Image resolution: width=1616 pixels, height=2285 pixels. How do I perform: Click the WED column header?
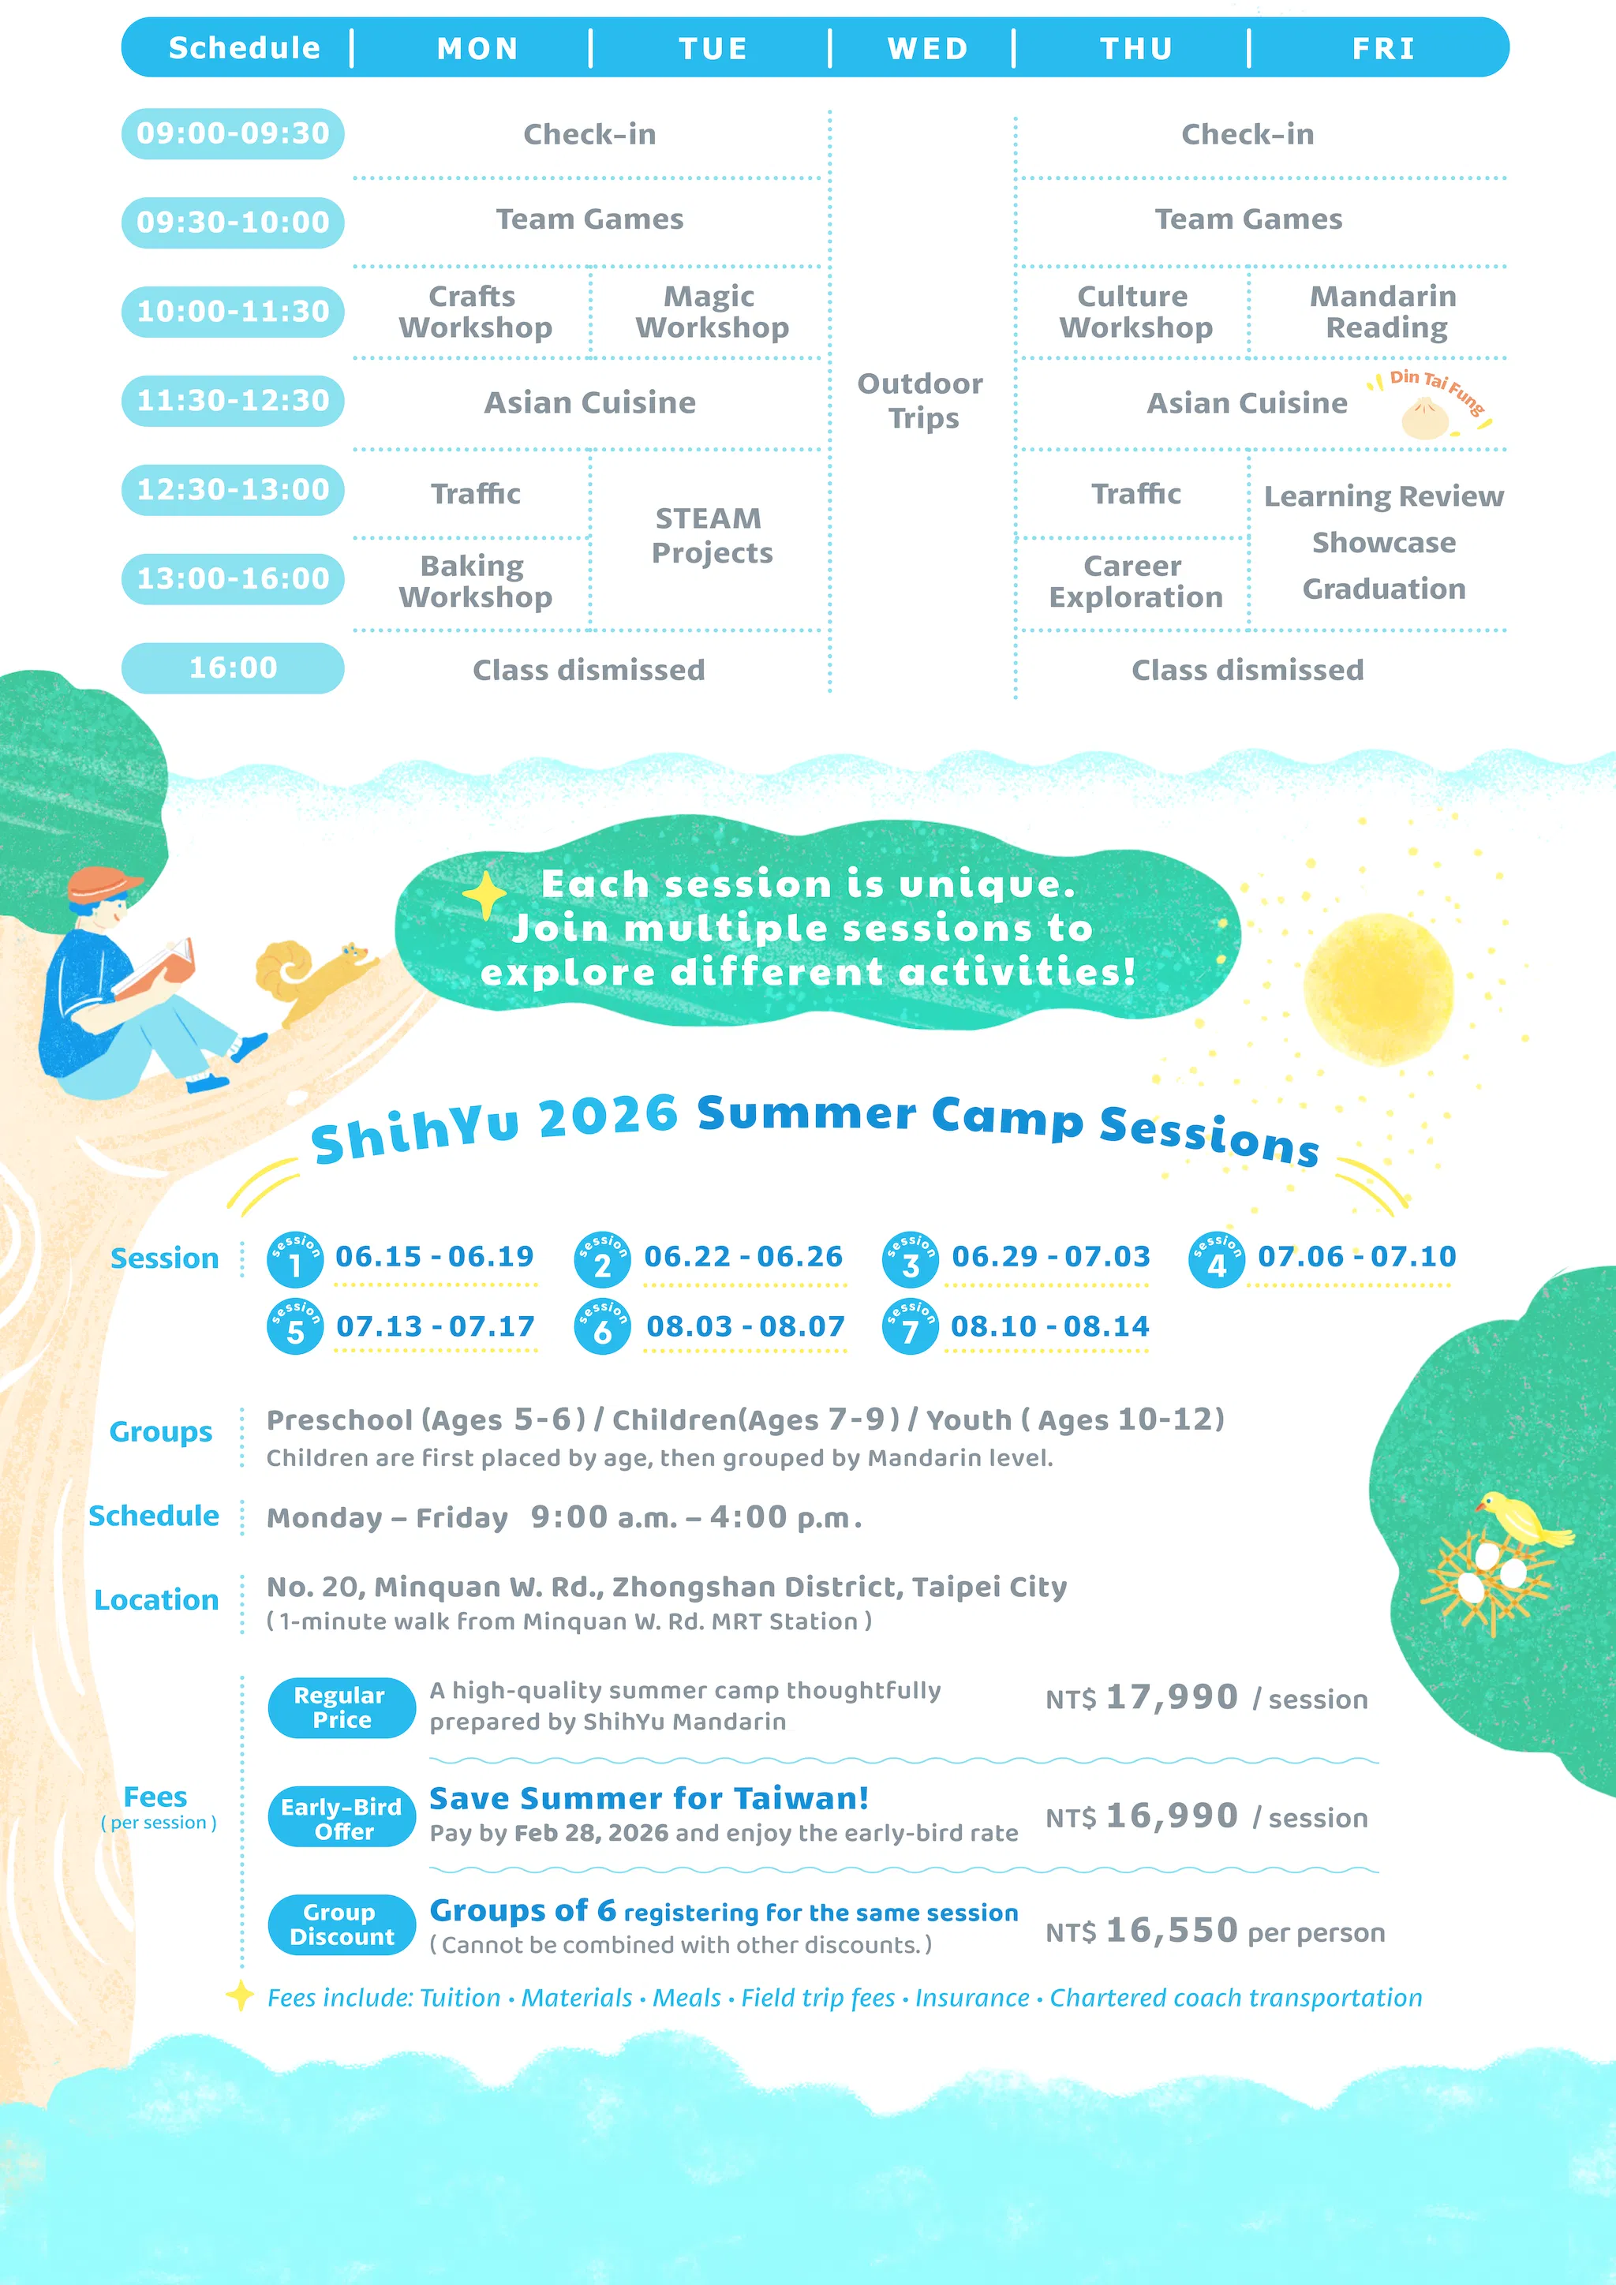[x=927, y=49]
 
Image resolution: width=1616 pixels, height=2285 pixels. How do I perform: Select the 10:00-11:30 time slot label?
[x=233, y=312]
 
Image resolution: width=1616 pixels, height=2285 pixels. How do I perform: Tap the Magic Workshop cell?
[x=712, y=312]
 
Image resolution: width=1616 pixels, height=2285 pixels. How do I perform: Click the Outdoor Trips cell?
[x=921, y=400]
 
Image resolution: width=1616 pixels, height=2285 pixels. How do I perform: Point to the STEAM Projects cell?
[x=712, y=536]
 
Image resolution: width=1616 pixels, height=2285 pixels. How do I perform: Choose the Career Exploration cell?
[x=1135, y=582]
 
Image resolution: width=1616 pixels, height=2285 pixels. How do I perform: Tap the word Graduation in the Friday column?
[x=1383, y=589]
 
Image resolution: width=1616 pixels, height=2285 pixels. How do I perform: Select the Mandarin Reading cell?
[x=1383, y=312]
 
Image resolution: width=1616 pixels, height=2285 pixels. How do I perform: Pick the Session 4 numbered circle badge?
[x=1216, y=1260]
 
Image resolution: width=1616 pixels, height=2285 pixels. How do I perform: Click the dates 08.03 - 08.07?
[x=746, y=1326]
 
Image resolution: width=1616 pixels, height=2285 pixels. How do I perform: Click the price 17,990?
[x=1171, y=1697]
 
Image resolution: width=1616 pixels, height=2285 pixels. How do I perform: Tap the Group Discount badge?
[x=342, y=1924]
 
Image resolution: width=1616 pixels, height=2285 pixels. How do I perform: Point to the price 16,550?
[x=1171, y=1931]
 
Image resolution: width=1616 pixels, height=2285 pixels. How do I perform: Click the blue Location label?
[x=156, y=1600]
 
